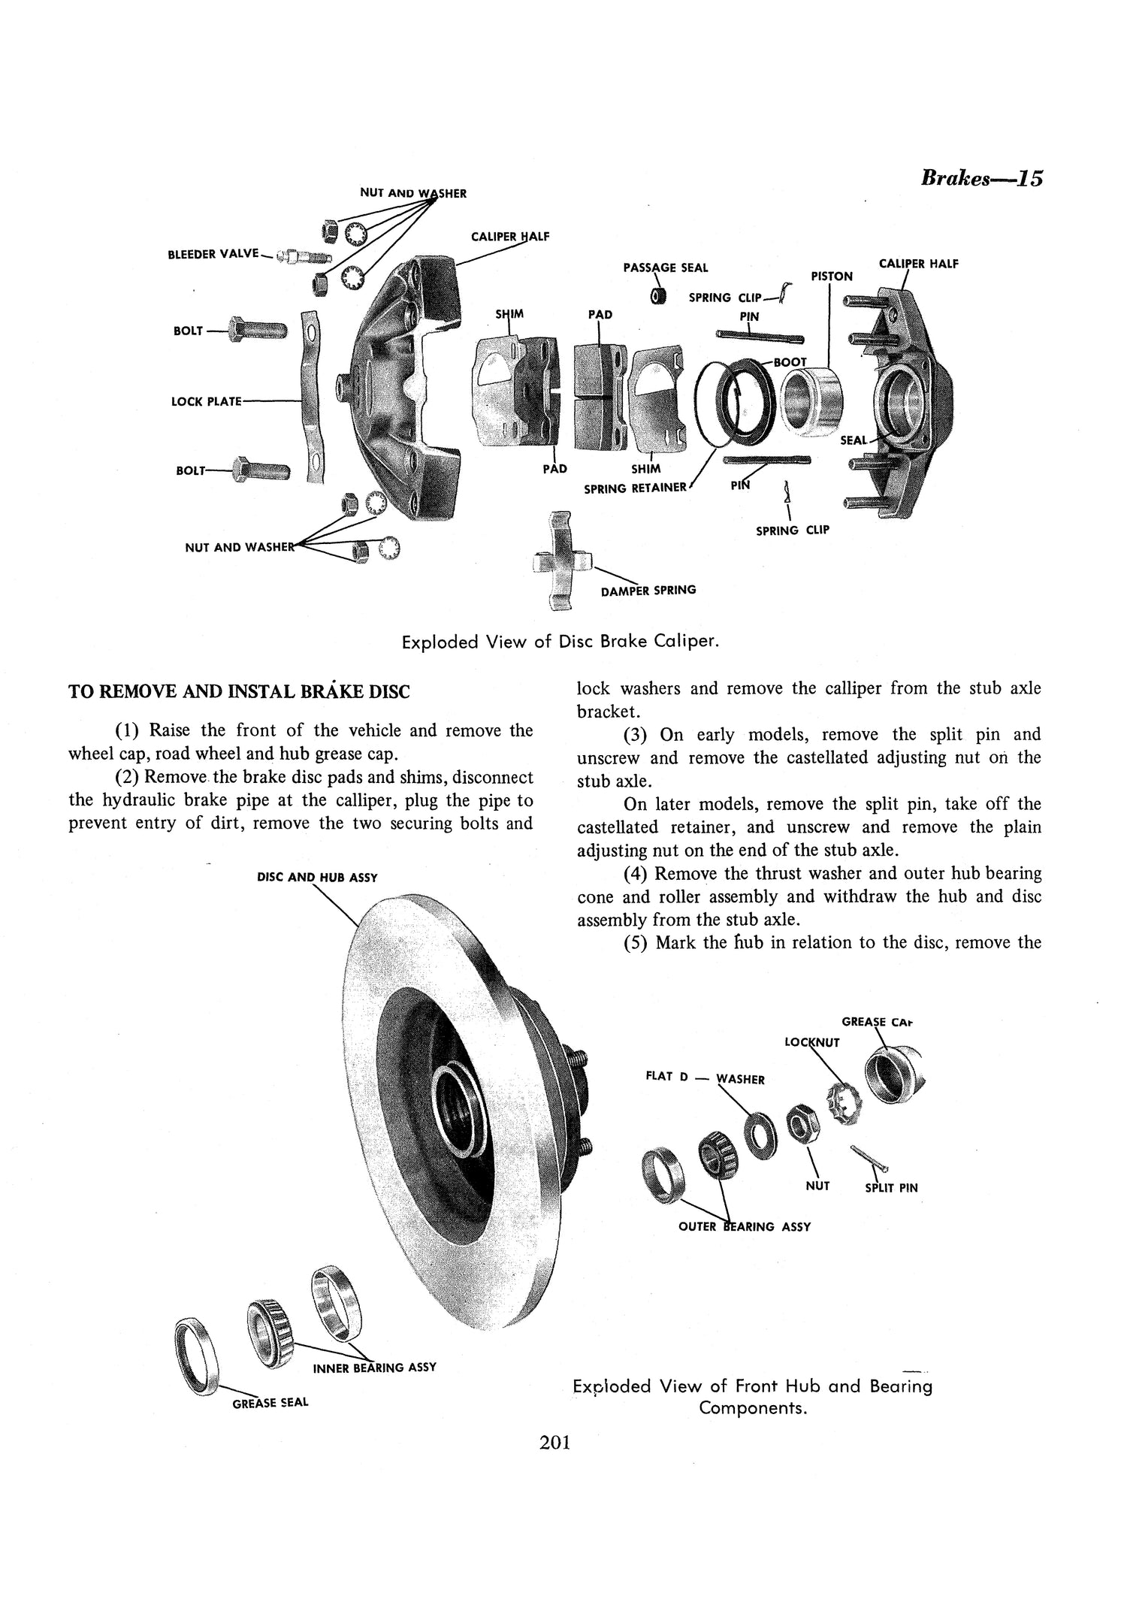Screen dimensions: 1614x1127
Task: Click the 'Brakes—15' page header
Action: (x=981, y=179)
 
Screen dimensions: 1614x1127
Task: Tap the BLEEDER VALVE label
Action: (x=213, y=254)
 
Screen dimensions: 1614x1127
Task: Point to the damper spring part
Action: (x=560, y=560)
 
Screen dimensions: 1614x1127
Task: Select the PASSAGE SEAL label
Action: (x=665, y=267)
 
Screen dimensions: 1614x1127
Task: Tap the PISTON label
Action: (x=832, y=277)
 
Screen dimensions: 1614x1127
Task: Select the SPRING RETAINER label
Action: (x=636, y=488)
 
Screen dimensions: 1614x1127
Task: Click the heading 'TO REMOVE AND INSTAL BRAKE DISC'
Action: (x=239, y=691)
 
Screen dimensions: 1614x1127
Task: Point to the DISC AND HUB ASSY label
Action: (x=316, y=877)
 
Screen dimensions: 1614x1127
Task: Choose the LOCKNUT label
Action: (x=811, y=1042)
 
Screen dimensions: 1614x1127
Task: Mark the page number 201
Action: (x=555, y=1464)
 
